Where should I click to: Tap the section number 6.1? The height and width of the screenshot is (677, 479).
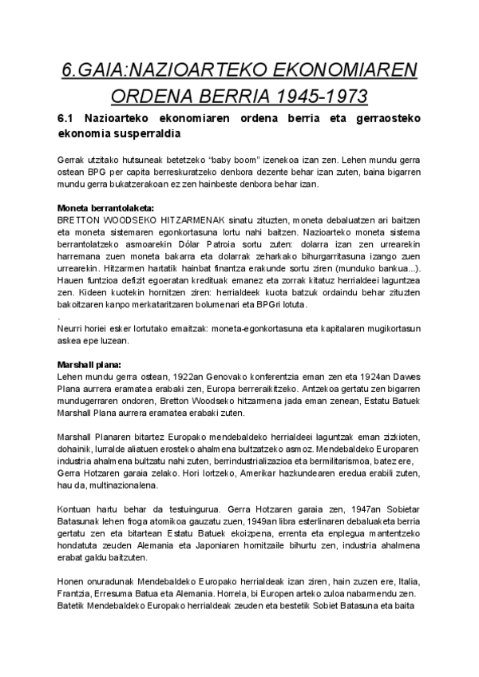tap(69, 118)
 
